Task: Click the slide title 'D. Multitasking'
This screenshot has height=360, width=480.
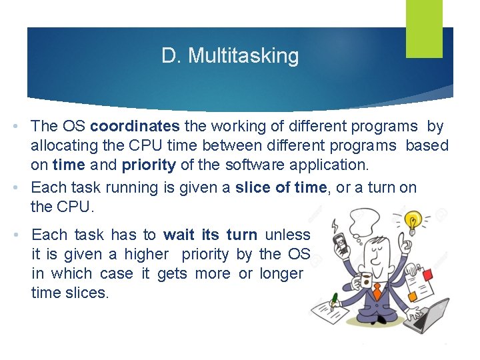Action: [x=230, y=56]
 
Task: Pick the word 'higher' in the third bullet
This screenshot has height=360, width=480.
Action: [x=146, y=254]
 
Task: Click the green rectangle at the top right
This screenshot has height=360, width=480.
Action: [x=424, y=28]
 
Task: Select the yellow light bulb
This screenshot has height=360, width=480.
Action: [x=413, y=221]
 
